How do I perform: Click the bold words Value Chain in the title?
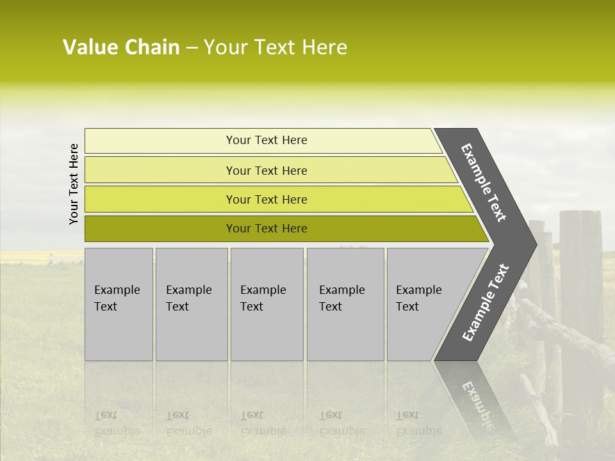point(121,47)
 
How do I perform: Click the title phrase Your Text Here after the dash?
point(275,47)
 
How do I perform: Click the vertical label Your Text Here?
point(74,184)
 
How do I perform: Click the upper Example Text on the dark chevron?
point(484,182)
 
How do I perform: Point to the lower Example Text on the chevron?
point(486,302)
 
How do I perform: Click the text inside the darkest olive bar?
point(266,229)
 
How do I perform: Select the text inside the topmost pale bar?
point(266,140)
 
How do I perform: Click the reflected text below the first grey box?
point(116,423)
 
